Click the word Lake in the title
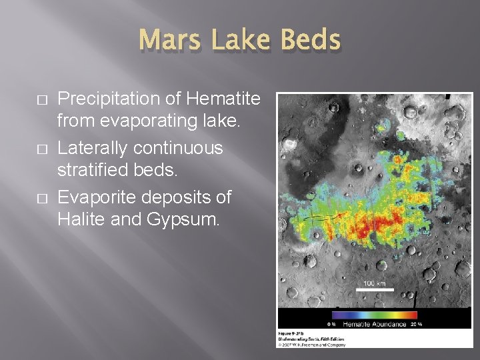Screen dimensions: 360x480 [x=239, y=41]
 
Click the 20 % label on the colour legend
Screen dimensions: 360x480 [x=416, y=324]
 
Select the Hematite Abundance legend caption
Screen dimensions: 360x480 [x=374, y=324]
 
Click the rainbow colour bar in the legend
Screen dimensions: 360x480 [x=374, y=315]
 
